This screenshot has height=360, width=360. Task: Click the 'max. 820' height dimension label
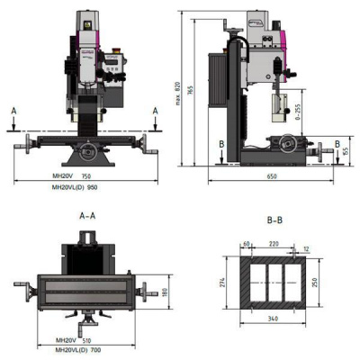180,86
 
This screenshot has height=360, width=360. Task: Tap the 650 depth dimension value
271,177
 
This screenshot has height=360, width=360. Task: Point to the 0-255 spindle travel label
272,116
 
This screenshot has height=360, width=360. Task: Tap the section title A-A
88,216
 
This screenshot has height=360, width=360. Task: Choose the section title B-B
275,219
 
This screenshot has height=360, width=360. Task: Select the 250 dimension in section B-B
315,282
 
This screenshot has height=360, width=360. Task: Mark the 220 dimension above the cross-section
273,244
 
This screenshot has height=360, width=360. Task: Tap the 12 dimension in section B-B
305,248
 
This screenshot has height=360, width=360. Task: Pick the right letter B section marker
336,143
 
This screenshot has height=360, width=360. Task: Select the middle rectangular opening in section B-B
272,282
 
